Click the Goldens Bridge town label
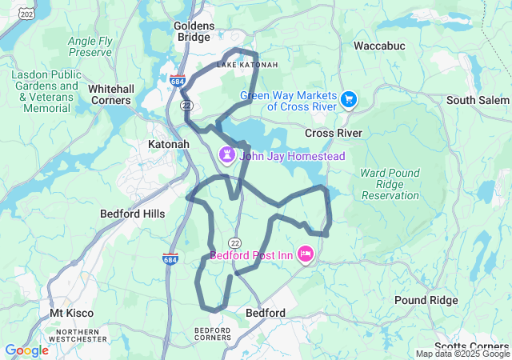pos(194,32)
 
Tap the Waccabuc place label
pos(379,46)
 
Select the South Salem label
pos(477,100)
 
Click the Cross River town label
pos(333,133)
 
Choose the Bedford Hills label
pos(132,214)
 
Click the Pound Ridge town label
pos(426,300)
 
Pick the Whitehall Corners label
pos(110,94)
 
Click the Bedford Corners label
pos(213,334)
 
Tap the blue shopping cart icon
pos(348,99)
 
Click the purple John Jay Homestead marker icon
pos(227,154)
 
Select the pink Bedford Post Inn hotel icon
pos(305,255)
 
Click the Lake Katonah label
pos(237,64)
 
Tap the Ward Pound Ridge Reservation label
pos(390,184)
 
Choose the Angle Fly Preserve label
pos(90,46)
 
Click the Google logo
pos(26,350)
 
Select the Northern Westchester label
pos(78,335)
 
